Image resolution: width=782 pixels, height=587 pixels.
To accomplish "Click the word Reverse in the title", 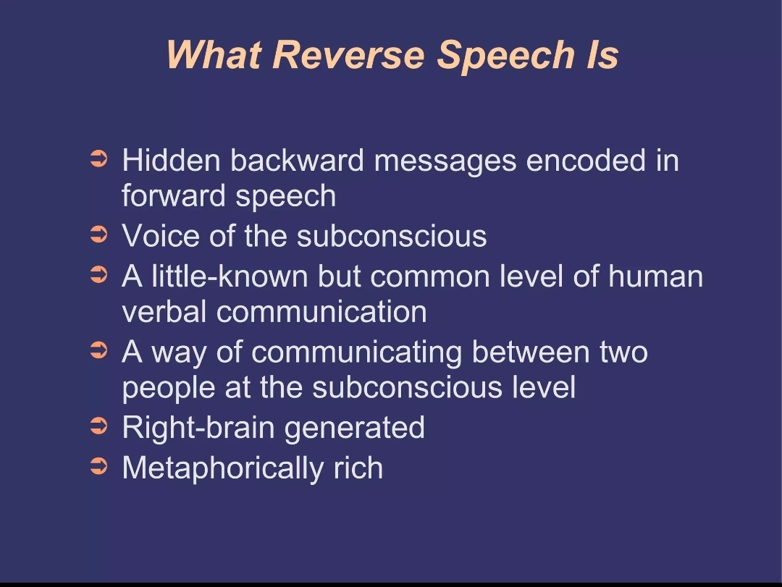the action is coord(348,54).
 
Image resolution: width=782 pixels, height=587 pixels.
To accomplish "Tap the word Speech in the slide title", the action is coord(505,55).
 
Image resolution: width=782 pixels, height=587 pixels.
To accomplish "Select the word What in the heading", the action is coord(214,54).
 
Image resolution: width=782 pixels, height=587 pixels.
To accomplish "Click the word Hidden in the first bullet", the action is coord(171,161).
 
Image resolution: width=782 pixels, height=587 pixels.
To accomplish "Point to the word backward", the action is coord(298,161).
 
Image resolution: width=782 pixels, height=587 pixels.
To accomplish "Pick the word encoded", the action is coord(586,161).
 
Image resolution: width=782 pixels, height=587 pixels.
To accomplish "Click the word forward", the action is coord(174,195).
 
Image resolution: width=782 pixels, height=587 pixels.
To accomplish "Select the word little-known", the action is coord(230,276).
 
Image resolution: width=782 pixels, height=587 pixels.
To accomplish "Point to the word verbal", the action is coord(164,312).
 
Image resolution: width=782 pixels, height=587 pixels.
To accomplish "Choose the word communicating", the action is coord(356,352).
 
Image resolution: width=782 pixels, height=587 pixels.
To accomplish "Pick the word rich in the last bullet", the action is coord(358,468).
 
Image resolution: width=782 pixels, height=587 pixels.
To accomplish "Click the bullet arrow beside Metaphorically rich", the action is coord(99,467).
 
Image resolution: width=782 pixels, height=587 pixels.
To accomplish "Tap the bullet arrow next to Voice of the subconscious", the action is coord(99,235).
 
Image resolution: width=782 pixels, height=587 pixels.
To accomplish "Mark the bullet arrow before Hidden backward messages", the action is coord(99,159).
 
